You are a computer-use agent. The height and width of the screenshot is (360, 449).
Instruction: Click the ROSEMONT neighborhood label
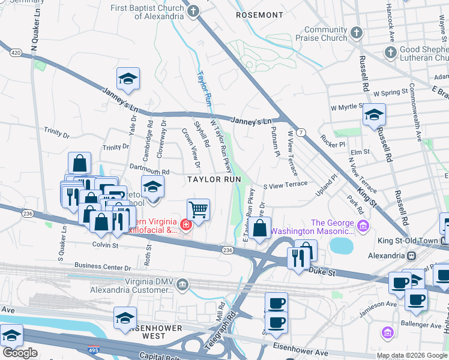[259, 14]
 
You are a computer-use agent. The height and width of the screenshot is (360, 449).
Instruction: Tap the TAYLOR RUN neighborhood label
[209, 179]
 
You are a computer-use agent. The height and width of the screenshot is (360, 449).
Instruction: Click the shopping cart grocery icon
[199, 210]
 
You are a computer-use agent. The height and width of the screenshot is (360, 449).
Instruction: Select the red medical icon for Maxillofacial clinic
[187, 225]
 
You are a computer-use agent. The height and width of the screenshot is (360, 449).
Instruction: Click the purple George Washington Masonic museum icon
[363, 226]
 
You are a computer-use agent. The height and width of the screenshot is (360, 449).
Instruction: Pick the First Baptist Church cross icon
[193, 11]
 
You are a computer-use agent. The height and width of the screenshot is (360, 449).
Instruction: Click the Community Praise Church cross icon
[356, 32]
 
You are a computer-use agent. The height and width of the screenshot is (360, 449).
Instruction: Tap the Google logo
[20, 353]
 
